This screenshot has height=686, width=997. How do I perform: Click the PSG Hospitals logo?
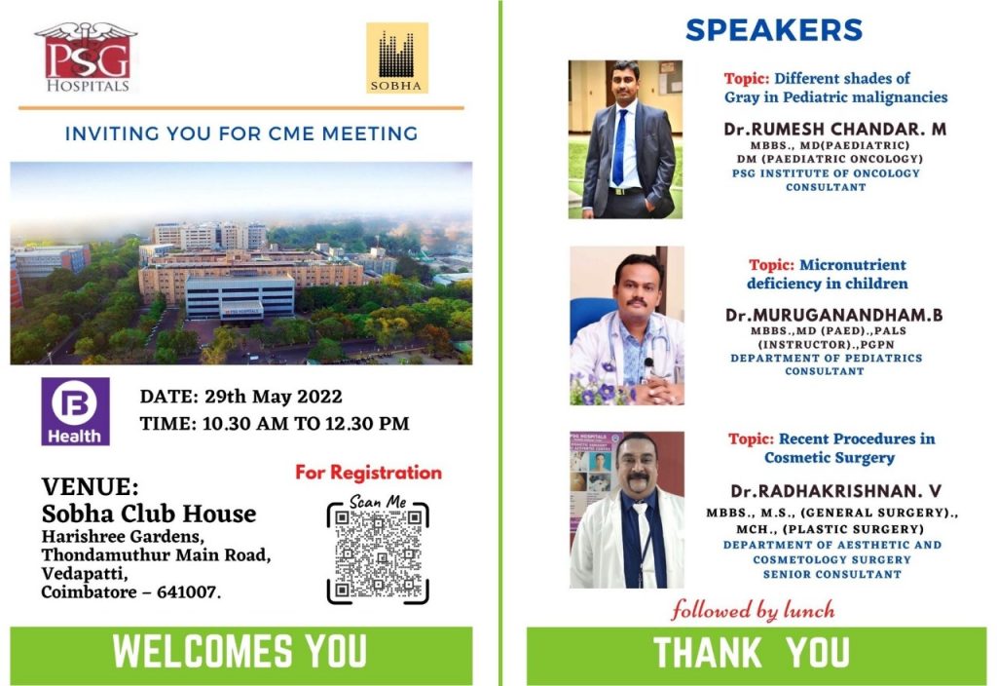(x=86, y=57)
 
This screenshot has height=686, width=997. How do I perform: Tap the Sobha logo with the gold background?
(x=397, y=57)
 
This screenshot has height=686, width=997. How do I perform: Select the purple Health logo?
(x=75, y=411)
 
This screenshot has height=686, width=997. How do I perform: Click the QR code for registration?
(x=378, y=553)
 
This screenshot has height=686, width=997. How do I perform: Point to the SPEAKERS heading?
(x=774, y=30)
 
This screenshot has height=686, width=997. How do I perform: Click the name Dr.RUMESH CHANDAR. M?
(x=834, y=130)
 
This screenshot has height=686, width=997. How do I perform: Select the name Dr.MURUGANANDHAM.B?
(x=834, y=315)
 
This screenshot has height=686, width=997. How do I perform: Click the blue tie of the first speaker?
(x=619, y=148)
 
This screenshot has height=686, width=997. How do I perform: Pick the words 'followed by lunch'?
(x=753, y=610)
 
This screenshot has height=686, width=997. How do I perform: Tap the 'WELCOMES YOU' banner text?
(x=240, y=651)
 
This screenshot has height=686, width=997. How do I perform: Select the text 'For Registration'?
(x=368, y=473)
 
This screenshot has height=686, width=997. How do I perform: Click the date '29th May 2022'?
(x=274, y=397)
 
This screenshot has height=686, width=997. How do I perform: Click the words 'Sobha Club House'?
(x=149, y=514)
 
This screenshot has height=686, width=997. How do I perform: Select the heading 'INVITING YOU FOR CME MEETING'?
(x=241, y=133)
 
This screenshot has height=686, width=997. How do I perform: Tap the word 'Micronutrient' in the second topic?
(x=853, y=265)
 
